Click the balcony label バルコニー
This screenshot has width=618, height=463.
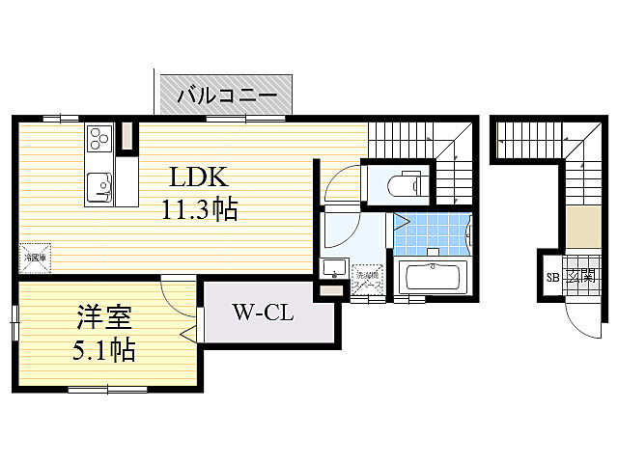(x=227, y=95)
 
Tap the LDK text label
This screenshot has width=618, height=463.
(x=199, y=177)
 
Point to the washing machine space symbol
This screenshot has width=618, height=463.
(x=368, y=280)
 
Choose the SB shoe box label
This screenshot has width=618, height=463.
(x=553, y=278)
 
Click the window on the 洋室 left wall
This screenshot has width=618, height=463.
(x=14, y=321)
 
